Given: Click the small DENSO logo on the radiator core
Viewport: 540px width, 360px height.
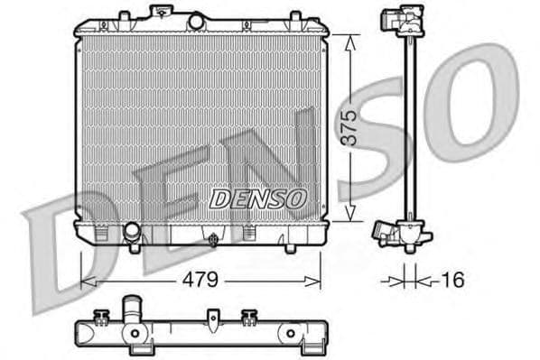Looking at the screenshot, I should point(259,198).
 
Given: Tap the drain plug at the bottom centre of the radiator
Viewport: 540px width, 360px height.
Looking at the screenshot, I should point(213,240).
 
